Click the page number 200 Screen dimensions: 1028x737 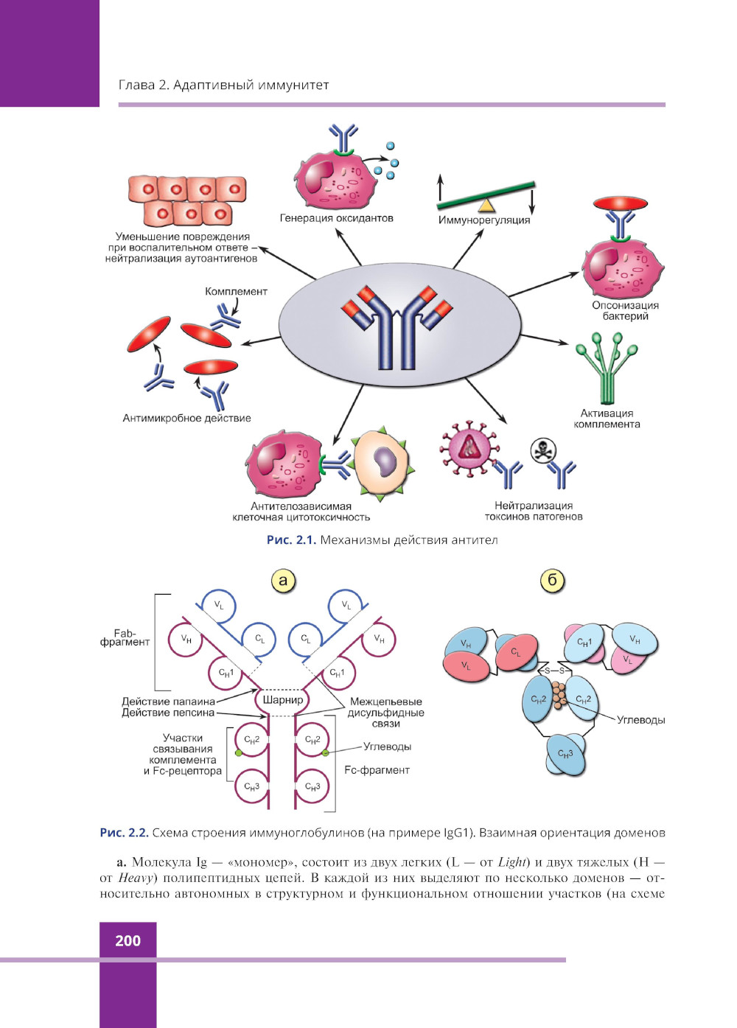128,940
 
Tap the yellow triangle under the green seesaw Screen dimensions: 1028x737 486,204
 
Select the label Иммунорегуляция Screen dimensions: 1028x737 483,220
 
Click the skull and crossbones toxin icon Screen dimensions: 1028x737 543,450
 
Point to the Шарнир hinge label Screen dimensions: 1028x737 282,699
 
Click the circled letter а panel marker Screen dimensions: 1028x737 283,580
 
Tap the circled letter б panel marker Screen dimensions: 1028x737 552,580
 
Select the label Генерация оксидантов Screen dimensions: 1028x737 336,218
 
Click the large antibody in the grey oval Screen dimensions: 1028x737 397,325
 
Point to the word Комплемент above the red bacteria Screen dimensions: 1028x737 236,291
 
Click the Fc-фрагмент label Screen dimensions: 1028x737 377,770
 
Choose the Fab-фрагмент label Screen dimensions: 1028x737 125,637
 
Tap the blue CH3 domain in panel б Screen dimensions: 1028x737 565,754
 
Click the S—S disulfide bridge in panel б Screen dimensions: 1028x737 554,671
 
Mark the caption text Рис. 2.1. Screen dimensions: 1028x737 291,540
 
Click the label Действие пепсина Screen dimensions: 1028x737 168,713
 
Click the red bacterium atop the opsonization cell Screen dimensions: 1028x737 621,203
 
